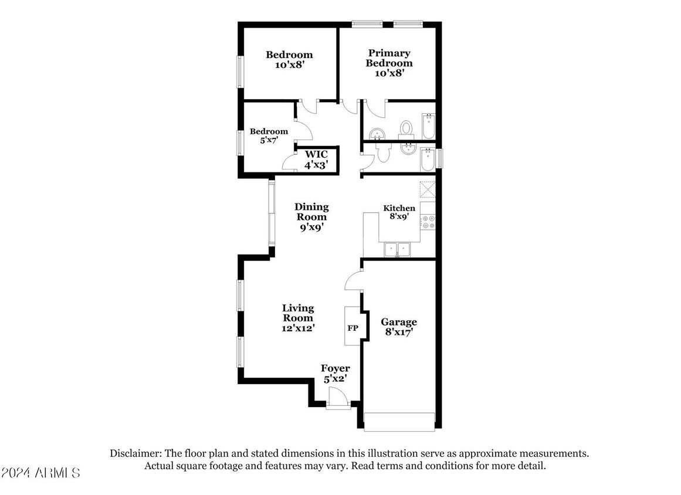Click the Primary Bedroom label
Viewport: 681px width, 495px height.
coord(389,58)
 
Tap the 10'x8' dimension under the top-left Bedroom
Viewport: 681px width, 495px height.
coord(289,65)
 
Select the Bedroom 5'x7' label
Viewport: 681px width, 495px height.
coord(269,135)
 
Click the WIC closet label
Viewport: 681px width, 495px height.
coord(316,154)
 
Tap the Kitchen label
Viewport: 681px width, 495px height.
coord(399,208)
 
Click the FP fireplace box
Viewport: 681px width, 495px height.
coord(353,326)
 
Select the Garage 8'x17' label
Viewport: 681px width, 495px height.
coord(399,327)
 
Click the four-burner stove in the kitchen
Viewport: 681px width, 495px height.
coord(428,222)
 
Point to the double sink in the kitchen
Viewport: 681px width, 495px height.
coord(397,250)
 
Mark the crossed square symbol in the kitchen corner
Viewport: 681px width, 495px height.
coord(428,189)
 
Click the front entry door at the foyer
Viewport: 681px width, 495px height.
coord(338,398)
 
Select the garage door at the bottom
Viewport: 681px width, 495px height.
coord(399,422)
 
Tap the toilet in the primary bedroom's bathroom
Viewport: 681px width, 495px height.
coord(406,128)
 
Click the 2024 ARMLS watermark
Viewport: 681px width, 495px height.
coord(40,473)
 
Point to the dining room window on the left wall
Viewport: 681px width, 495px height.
coord(272,213)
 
